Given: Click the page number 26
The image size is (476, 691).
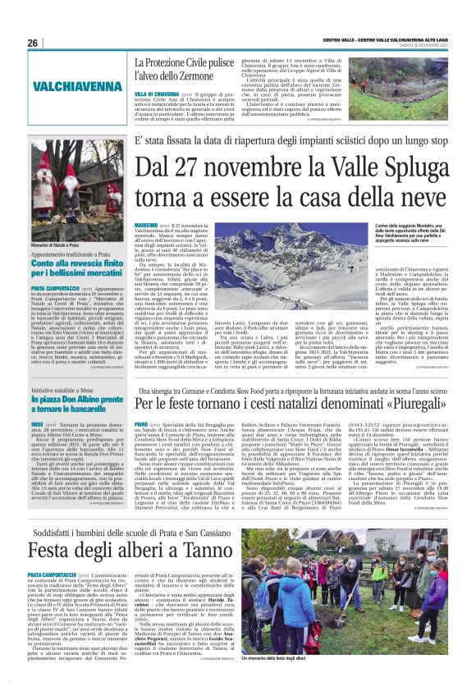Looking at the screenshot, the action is [x=33, y=43].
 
